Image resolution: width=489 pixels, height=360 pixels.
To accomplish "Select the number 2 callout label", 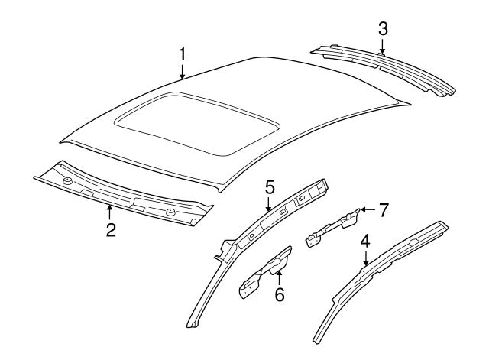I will click(x=111, y=230).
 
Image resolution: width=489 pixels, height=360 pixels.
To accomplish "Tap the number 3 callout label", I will click(x=383, y=29).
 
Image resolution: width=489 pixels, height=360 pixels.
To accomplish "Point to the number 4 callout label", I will click(x=366, y=242).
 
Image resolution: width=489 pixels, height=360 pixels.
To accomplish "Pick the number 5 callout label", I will click(x=269, y=186).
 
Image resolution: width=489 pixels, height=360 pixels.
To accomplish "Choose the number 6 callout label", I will click(x=280, y=294).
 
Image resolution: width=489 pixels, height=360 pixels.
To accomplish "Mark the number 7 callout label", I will click(x=384, y=209).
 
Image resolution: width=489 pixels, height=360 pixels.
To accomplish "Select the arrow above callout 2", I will click(x=111, y=212).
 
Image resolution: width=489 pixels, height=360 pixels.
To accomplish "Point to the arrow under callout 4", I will click(x=366, y=259).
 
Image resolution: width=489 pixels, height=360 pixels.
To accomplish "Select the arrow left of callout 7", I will click(x=367, y=209).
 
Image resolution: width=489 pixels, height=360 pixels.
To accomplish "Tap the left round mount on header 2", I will click(x=67, y=182).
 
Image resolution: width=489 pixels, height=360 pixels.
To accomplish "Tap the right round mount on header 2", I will click(x=170, y=210).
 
